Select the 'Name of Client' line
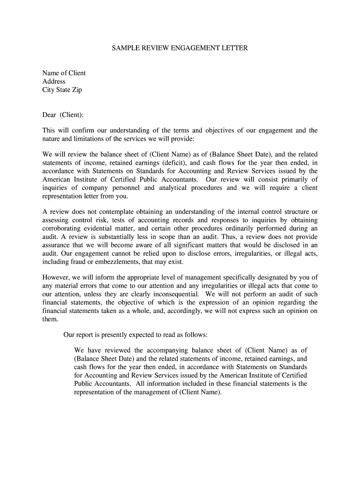pyautogui.click(x=64, y=73)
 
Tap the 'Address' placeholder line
pyautogui.click(x=54, y=81)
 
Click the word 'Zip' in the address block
pyautogui.click(x=76, y=90)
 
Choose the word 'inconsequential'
pyautogui.click(x=174, y=294)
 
